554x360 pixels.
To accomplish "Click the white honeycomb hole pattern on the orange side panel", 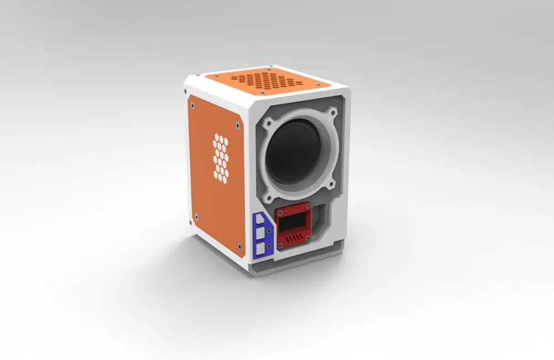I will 221,157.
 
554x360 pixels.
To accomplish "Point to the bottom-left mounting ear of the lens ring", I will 269,193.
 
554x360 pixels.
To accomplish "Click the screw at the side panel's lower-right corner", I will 238,244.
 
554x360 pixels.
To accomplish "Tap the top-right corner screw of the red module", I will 308,209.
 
